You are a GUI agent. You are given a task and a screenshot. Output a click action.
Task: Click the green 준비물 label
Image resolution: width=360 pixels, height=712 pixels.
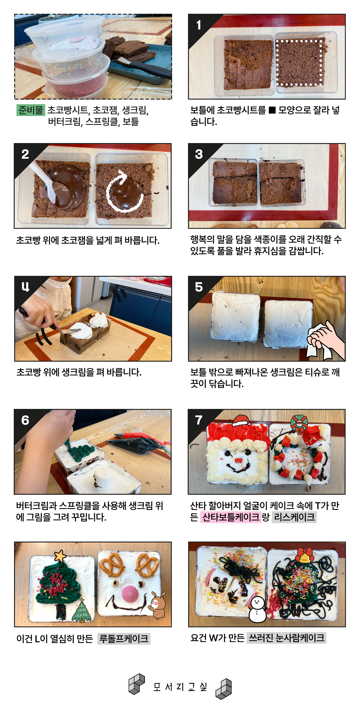pyautogui.click(x=31, y=110)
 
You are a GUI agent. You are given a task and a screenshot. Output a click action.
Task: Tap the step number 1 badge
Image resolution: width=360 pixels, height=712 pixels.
pyautogui.click(x=199, y=25)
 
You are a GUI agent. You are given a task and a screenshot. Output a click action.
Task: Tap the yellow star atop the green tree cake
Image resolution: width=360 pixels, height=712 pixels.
pyautogui.click(x=60, y=556)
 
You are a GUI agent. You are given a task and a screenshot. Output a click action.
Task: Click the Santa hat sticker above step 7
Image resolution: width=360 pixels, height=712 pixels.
pyautogui.click(x=242, y=421)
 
